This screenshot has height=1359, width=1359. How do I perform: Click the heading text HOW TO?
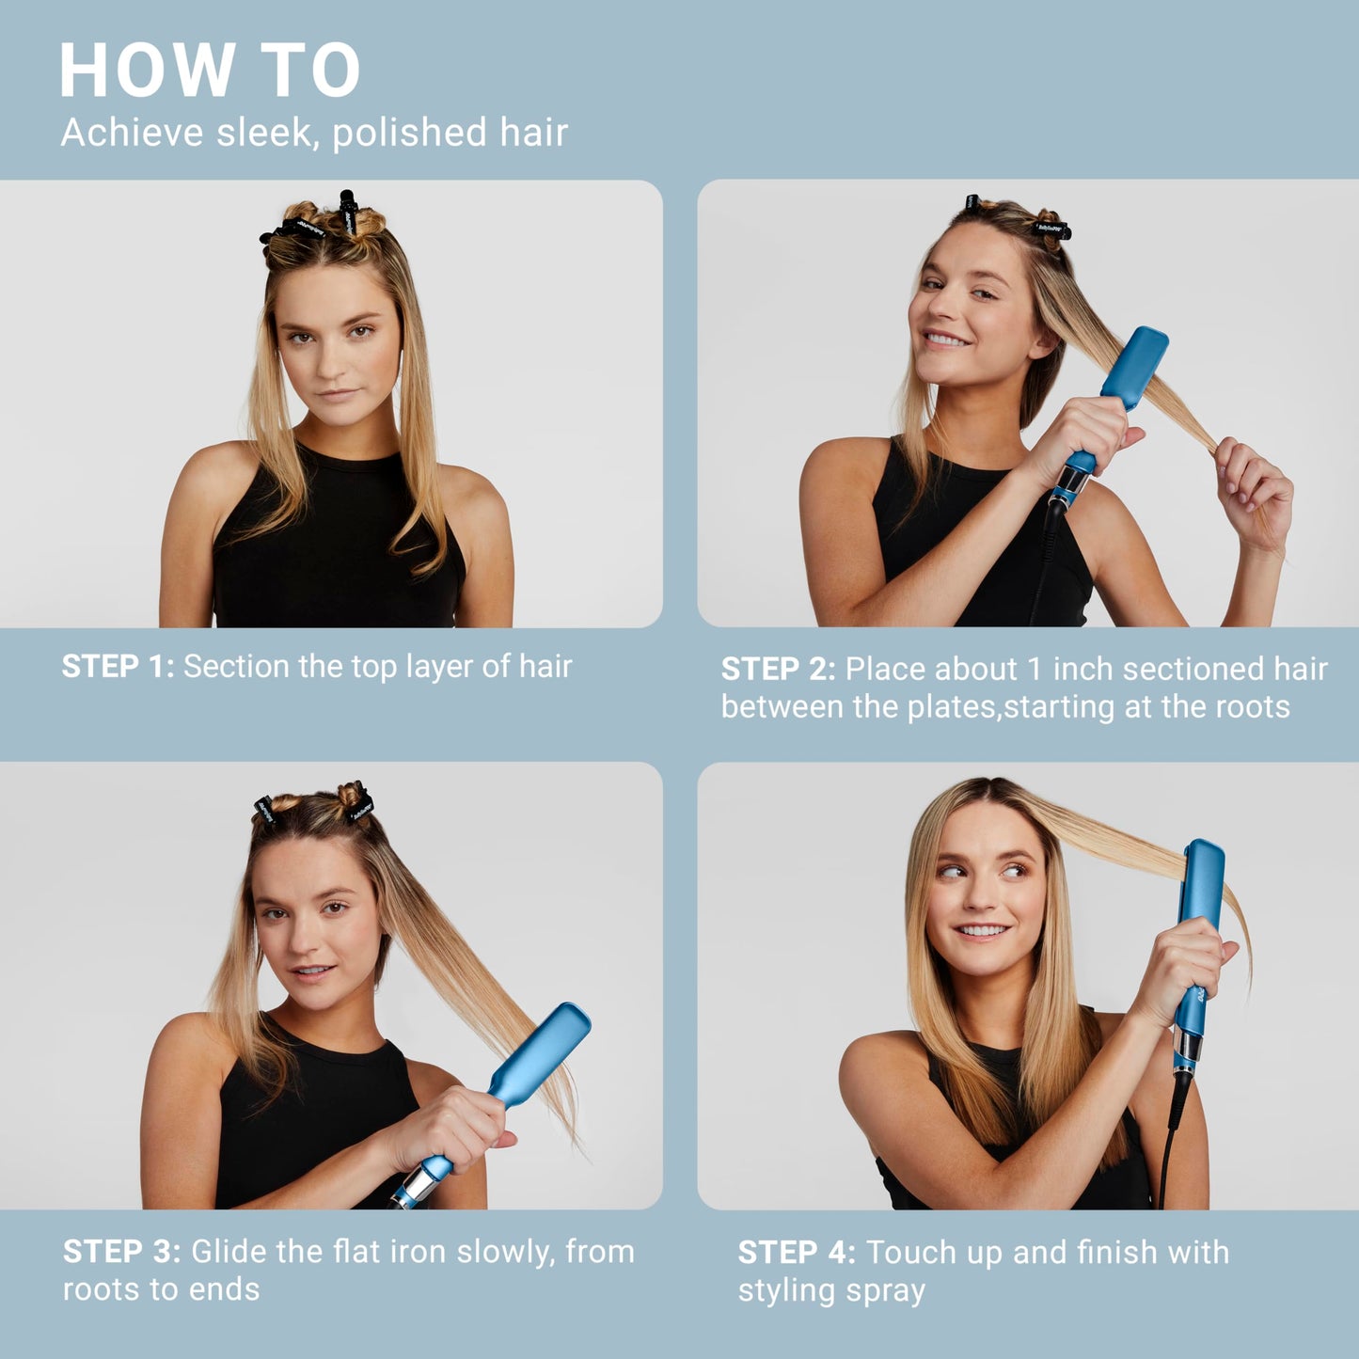[209, 71]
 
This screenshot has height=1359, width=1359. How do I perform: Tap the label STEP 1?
[118, 667]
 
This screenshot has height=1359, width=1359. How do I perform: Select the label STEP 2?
[778, 669]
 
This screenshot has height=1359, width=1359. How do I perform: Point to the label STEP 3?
[121, 1252]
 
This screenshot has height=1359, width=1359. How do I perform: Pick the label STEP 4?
[796, 1253]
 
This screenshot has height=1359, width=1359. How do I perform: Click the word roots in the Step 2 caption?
[1255, 707]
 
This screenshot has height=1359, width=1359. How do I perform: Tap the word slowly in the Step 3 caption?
[490, 1252]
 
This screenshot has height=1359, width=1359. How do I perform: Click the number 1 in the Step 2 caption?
[1035, 669]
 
